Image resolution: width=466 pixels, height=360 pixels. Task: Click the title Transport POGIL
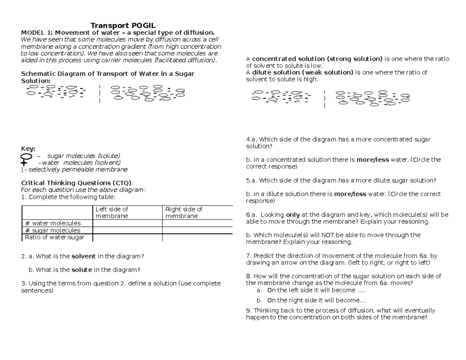click(123, 26)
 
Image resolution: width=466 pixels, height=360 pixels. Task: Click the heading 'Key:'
click(28, 149)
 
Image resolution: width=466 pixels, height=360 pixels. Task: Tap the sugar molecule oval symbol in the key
click(26, 156)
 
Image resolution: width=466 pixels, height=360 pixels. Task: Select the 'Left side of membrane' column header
click(112, 212)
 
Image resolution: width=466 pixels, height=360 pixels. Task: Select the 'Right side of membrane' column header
click(184, 212)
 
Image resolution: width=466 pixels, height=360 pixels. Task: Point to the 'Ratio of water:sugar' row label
click(54, 237)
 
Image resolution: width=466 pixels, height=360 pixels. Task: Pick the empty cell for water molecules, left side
click(127, 223)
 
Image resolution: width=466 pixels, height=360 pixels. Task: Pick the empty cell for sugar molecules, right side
click(197, 230)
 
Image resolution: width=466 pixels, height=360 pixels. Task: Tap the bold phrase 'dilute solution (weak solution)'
click(303, 73)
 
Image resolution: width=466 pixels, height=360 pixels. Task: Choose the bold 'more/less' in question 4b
click(372, 160)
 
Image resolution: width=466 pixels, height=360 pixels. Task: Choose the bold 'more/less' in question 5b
click(350, 194)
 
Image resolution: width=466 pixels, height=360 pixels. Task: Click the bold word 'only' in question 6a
click(292, 215)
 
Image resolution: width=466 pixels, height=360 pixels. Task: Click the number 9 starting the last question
click(248, 311)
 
